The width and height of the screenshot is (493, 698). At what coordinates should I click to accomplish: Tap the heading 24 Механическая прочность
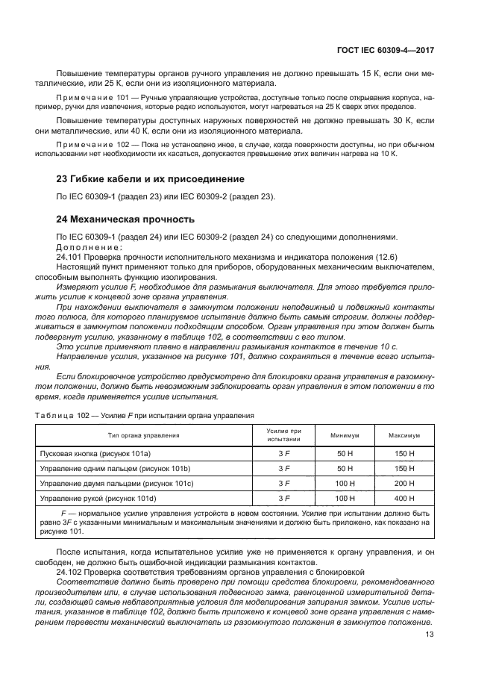click(x=126, y=219)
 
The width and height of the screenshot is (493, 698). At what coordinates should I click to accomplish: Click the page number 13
click(x=429, y=635)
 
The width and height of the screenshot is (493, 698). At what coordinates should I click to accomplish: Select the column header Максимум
click(x=404, y=435)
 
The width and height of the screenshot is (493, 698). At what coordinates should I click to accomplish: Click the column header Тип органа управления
click(x=146, y=435)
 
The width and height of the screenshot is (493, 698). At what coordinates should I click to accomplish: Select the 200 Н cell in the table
click(x=404, y=483)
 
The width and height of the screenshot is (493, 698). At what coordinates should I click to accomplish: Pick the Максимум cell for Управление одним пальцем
click(x=404, y=468)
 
